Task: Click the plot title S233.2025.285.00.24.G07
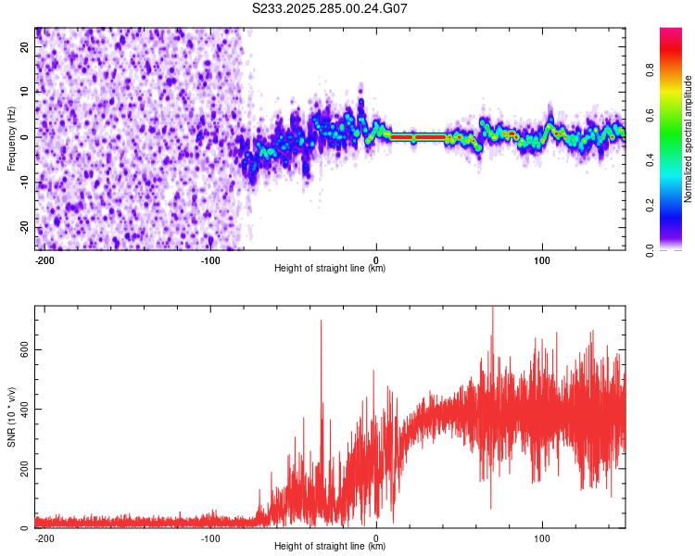[330, 8]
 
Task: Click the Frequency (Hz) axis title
[11, 138]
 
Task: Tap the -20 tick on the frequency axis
[23, 228]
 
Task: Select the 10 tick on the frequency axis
[25, 92]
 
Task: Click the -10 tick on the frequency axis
[23, 183]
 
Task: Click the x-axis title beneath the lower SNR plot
[330, 547]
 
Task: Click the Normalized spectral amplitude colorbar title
[689, 139]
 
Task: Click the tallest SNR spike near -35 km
[321, 321]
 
